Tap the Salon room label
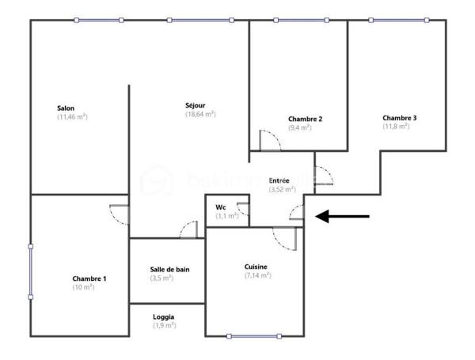coord(66,108)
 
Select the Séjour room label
coord(196,105)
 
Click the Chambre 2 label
coord(305,119)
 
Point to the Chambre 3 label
coord(399,118)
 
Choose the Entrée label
coord(279,181)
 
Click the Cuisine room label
coord(256,267)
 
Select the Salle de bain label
coord(169,270)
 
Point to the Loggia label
coord(164,317)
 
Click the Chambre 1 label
coord(89,279)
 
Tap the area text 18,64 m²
coord(200,114)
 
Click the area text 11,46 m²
coord(71,117)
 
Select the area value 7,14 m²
coord(257,275)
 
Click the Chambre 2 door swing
coord(271,140)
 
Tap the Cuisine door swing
coord(283,237)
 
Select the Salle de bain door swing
coord(188,230)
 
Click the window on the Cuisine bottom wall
coord(254,336)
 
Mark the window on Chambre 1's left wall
coord(31,271)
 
